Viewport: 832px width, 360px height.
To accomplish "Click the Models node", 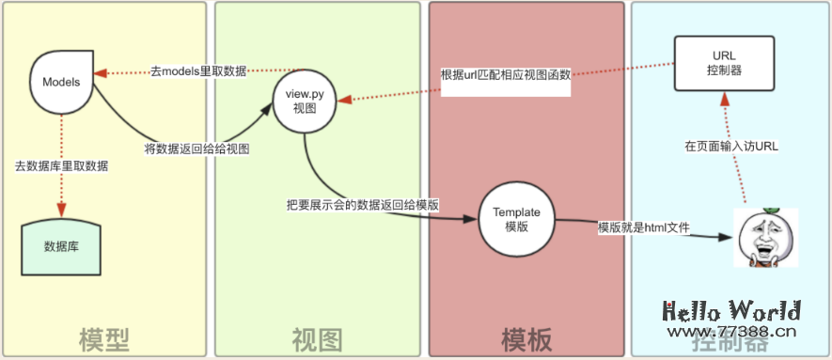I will tap(61, 81).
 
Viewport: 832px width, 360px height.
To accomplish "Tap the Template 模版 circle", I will tap(516, 219).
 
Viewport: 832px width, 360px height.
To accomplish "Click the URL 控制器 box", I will tap(724, 63).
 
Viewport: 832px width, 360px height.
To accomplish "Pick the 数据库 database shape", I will tap(61, 247).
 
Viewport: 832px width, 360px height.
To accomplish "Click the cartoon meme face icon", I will tap(765, 236).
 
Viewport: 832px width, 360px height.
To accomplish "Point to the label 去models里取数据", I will tap(198, 71).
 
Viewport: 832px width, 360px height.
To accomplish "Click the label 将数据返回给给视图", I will tap(196, 148).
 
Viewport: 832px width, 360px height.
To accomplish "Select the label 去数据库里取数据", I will tap(61, 166).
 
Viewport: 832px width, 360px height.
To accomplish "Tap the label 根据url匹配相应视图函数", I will tap(506, 74).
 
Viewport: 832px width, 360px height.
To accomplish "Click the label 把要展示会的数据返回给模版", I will tap(365, 204).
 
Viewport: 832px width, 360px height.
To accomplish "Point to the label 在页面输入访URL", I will tap(731, 147).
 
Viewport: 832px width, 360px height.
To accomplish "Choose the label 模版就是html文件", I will tap(643, 227).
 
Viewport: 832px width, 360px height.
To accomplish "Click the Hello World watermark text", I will tap(732, 311).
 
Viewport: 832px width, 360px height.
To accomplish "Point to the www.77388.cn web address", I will tap(730, 331).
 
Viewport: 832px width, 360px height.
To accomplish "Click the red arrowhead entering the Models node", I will tap(102, 72).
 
